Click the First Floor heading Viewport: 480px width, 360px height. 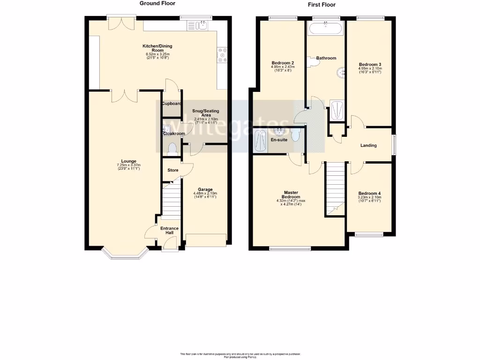coord(322,5)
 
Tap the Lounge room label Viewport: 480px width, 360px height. coord(129,161)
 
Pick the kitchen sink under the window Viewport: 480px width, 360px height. coord(202,25)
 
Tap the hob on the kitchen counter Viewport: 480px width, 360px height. coord(222,55)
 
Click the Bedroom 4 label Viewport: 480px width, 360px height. coord(370,193)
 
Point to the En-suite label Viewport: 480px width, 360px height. coord(279,140)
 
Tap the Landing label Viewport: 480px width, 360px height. coord(368,145)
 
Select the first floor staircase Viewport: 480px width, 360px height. coord(335,185)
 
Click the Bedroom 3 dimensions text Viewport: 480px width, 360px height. coord(370,70)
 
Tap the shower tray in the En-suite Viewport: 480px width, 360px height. coord(259,140)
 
